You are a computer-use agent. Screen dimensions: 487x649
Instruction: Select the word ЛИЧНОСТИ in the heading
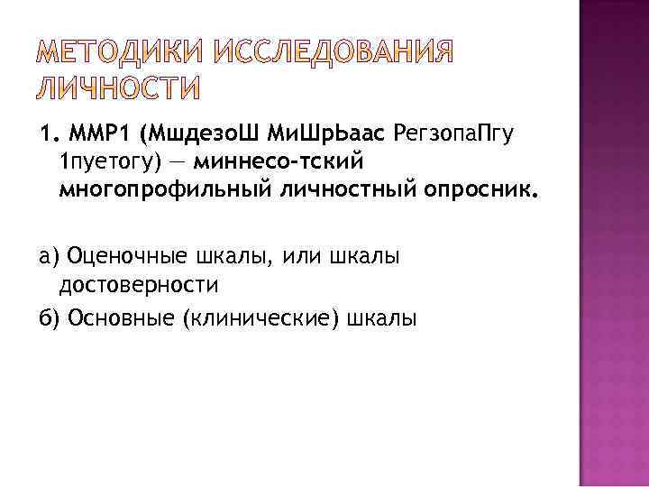[120, 88]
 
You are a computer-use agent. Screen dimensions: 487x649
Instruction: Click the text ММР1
[95, 134]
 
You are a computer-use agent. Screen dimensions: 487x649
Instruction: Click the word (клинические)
[262, 317]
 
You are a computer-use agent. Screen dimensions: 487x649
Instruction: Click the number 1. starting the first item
[48, 134]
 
